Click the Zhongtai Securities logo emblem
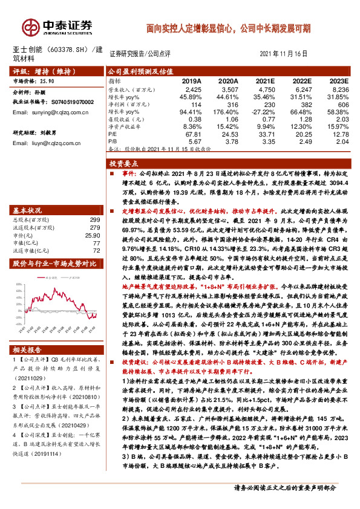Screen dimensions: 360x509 pyautogui.click(x=30, y=26)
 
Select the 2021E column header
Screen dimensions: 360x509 pyautogui.click(x=264, y=80)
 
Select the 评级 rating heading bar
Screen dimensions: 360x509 pyautogui.click(x=54, y=70)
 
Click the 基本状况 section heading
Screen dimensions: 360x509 pyautogui.click(x=28, y=210)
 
